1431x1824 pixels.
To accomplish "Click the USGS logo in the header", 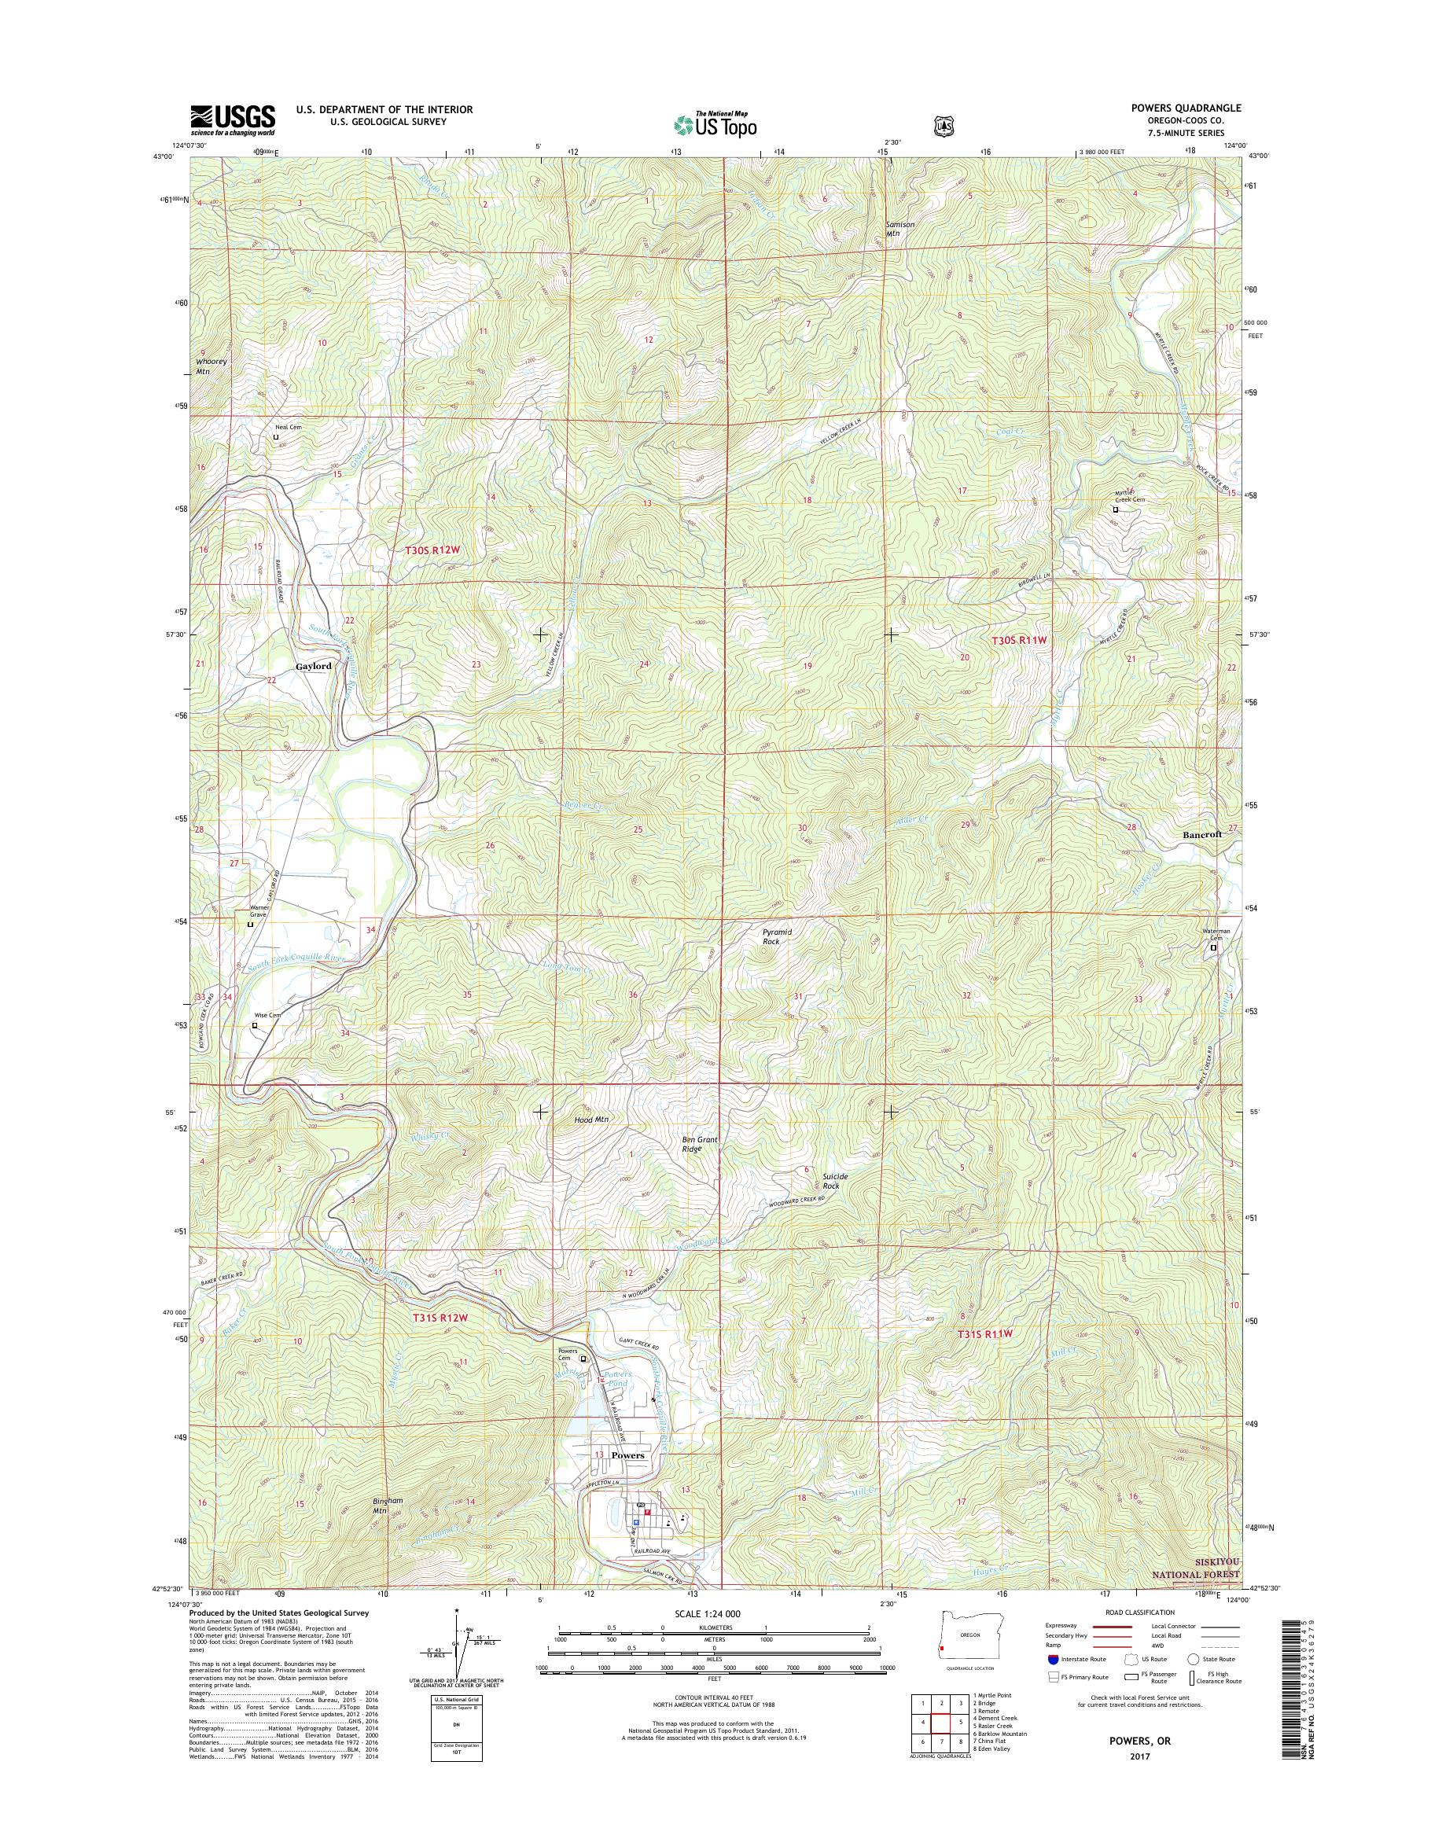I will tap(232, 120).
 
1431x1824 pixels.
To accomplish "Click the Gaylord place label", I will tap(314, 666).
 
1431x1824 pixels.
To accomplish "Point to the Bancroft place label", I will tap(1201, 834).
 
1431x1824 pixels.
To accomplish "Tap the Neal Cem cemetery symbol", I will tap(276, 437).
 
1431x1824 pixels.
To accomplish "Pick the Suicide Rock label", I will tap(834, 1182).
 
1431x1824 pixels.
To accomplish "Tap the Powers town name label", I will tap(627, 1455).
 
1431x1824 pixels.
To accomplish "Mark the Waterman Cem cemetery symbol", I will tap(1213, 948).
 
